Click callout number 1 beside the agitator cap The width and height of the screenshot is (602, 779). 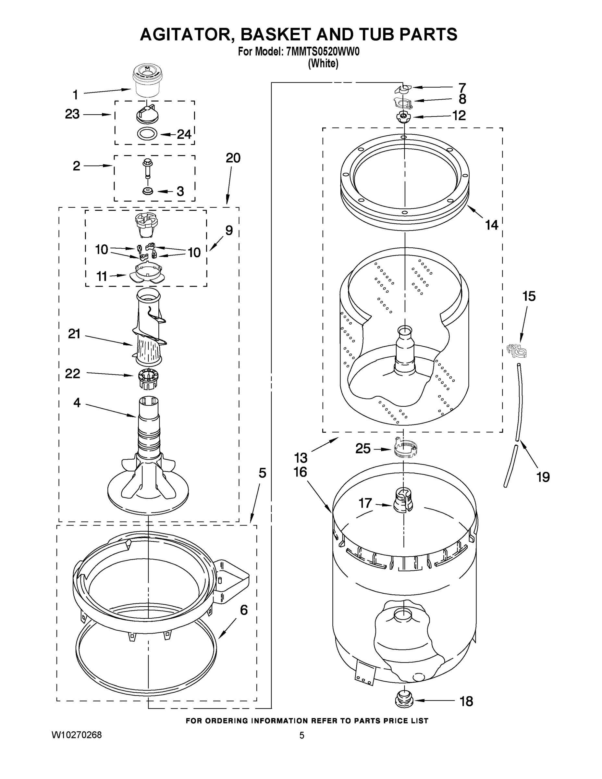coord(75,95)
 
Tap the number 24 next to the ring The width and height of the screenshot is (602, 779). coord(184,134)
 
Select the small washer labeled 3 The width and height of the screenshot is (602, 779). coord(146,191)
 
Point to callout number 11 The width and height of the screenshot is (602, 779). coord(102,276)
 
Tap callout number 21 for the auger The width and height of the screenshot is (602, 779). coord(74,334)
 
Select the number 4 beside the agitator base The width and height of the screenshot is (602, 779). coord(77,403)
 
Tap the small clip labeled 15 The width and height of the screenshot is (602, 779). coord(516,351)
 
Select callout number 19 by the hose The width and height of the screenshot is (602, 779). coord(543,477)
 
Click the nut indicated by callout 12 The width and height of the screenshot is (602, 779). coord(403,117)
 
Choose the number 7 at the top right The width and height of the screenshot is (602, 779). coord(462,87)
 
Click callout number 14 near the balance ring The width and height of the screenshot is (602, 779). coord(491,225)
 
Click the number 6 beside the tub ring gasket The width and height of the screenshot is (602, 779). coord(244,610)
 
